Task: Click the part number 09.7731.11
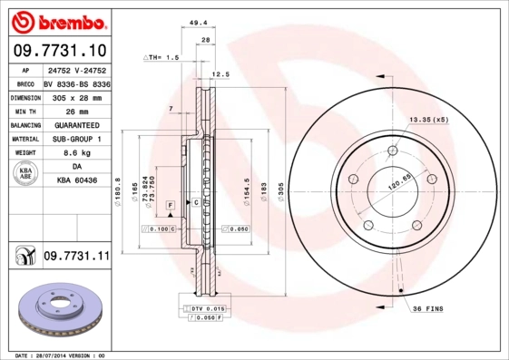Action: coord(76,258)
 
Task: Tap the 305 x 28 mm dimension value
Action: coord(77,97)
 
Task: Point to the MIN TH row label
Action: coord(24,111)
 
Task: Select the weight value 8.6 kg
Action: coord(77,153)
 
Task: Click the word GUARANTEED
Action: coord(77,125)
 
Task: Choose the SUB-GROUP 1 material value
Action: coord(77,140)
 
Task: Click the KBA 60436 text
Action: coord(77,181)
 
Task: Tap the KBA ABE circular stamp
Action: coord(24,174)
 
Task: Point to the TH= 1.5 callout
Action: coord(163,57)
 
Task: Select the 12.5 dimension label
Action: coord(220,75)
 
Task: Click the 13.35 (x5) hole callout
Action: coord(429,120)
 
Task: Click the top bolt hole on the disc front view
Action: coord(392,151)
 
